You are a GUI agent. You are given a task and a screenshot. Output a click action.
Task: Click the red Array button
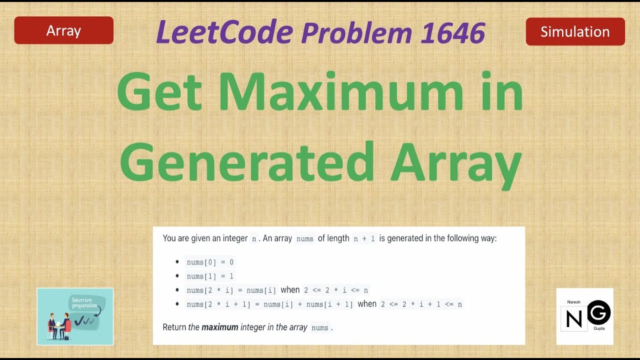coord(63,31)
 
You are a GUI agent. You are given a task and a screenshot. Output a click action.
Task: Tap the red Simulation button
coord(575,32)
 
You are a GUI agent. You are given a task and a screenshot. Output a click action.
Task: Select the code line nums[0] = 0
coord(210,262)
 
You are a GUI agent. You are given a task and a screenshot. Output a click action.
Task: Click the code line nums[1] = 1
coord(210,276)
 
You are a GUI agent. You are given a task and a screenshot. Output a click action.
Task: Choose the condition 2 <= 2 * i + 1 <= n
coord(421,304)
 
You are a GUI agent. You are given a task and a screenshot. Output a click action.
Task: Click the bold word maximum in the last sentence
coord(219,327)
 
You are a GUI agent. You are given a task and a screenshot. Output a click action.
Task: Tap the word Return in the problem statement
coord(174,327)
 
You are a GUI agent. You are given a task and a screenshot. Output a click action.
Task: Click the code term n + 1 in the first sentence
coord(364,238)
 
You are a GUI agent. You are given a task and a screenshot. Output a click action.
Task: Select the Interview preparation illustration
coord(75,316)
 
